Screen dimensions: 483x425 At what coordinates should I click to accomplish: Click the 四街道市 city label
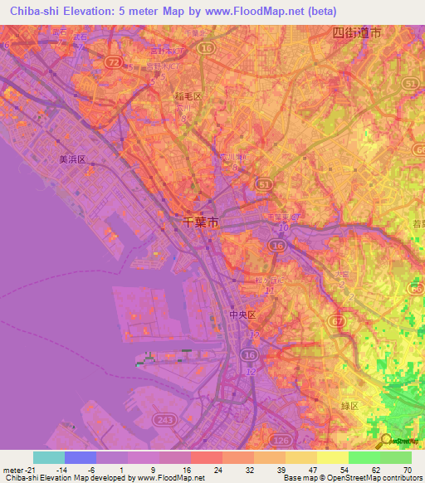(x=356, y=33)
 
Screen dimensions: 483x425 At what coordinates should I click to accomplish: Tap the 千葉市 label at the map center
(x=202, y=222)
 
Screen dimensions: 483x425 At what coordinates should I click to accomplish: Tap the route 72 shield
(x=113, y=62)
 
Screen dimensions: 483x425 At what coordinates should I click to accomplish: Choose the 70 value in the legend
(x=407, y=470)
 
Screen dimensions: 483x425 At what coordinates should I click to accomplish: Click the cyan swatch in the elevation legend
(x=49, y=457)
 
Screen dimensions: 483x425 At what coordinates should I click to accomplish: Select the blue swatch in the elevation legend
(x=81, y=457)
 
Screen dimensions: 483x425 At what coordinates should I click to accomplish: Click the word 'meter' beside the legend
(x=12, y=470)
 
